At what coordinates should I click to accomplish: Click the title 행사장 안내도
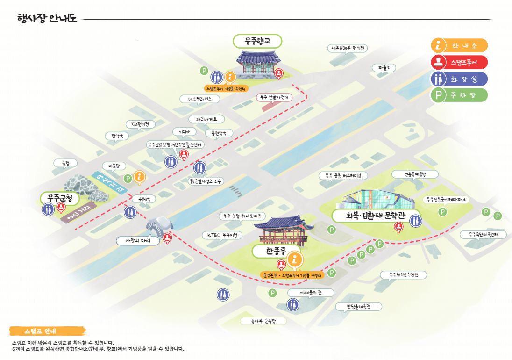click(47, 19)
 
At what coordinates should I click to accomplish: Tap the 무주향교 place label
click(257, 42)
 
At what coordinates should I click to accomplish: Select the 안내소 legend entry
click(459, 45)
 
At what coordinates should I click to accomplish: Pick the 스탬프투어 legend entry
click(459, 62)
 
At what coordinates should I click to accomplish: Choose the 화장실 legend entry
click(459, 79)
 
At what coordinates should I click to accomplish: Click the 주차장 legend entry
click(459, 95)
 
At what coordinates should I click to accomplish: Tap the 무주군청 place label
click(57, 198)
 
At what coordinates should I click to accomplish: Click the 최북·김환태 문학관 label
click(376, 216)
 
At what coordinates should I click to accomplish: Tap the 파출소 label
click(384, 68)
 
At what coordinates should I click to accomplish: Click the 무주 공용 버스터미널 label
click(343, 176)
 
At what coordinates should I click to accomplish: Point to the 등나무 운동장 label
click(263, 321)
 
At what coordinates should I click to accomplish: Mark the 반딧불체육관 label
click(358, 307)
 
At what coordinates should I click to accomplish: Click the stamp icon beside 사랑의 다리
click(167, 238)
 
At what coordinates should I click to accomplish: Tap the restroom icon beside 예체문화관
click(293, 304)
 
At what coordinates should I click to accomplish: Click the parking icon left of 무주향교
click(204, 71)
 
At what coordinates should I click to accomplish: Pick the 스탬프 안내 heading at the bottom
click(47, 331)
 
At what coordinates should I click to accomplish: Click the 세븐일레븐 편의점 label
click(348, 48)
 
